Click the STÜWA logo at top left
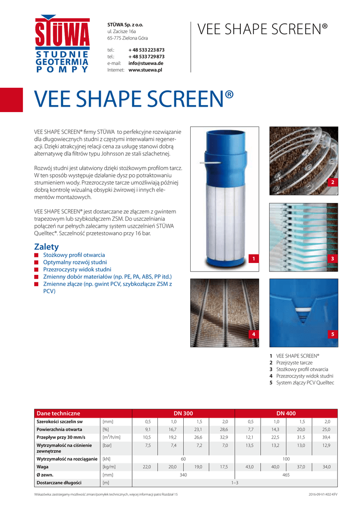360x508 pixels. [x=62, y=45]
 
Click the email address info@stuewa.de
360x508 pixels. [x=146, y=63]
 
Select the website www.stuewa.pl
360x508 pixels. [x=145, y=70]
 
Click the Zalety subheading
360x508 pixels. [x=46, y=247]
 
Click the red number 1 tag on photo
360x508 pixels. [x=253, y=259]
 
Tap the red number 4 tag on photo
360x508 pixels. [x=253, y=335]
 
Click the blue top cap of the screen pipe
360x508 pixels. [x=220, y=146]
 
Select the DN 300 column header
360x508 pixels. [x=183, y=413]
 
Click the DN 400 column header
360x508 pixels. [x=286, y=413]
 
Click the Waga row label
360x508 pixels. [x=43, y=467]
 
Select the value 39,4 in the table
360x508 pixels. [x=326, y=437]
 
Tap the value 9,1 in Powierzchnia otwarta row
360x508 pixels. [x=147, y=429]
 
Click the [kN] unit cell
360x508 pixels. [x=107, y=459]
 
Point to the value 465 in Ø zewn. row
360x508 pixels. [x=286, y=475]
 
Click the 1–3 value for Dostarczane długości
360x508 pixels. [x=234, y=483]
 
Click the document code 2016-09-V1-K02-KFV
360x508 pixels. [x=323, y=495]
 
